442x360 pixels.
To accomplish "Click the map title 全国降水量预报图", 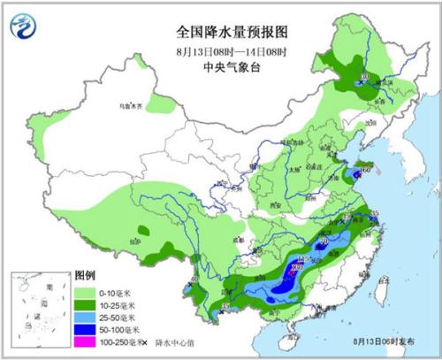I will click(x=221, y=30).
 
